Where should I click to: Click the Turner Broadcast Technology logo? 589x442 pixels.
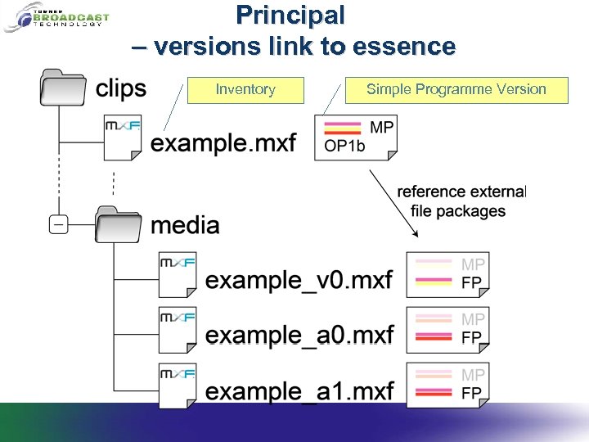point(56,17)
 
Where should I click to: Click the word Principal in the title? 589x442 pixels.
point(290,15)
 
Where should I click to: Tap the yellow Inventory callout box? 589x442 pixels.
point(245,90)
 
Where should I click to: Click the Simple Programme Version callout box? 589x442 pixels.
point(456,90)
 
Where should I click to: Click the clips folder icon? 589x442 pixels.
point(63,88)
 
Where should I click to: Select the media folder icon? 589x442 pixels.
point(119,223)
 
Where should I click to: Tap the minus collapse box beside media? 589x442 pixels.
point(58,223)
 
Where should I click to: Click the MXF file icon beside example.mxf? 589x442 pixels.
point(124,138)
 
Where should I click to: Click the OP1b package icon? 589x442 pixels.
point(356,138)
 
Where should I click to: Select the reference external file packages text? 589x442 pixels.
point(461,201)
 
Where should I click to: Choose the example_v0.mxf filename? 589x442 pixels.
point(299,280)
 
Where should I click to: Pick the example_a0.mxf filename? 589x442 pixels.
point(299,335)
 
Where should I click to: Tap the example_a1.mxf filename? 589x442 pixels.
point(299,390)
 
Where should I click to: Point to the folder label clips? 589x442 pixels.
point(121,88)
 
